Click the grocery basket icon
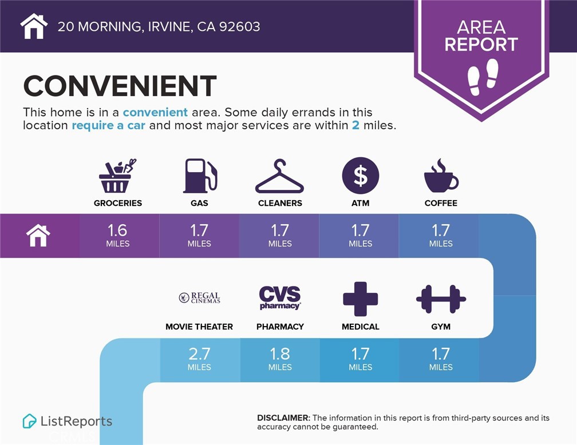117,176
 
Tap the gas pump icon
200,176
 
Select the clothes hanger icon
280,176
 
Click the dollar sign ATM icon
360,176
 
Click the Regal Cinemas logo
199,297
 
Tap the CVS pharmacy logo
280,298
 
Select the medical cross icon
360,299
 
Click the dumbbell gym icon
441,299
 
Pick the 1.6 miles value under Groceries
117,236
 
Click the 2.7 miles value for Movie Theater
199,359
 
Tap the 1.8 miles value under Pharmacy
280,359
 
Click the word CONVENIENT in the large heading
120,86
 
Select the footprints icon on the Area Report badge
483,77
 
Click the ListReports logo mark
29,421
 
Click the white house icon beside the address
34,26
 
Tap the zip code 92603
239,26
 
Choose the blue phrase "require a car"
109,125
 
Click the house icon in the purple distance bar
38,236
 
